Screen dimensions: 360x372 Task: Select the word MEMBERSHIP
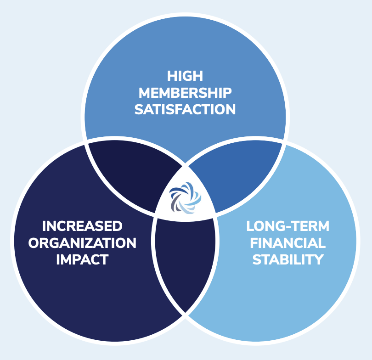[x=185, y=93]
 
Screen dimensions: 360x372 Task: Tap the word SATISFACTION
[x=185, y=110]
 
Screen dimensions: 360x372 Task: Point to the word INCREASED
[x=82, y=226]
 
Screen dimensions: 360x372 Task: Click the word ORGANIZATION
[x=82, y=242]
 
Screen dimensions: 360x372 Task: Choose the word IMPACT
[x=82, y=259]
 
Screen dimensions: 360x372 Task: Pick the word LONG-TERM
[x=288, y=226]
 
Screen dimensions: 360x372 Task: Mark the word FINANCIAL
[x=288, y=242]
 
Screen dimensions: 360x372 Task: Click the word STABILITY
[x=288, y=259]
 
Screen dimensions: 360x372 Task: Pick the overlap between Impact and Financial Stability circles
[x=185, y=262]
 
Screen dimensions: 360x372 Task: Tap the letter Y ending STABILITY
[x=318, y=259]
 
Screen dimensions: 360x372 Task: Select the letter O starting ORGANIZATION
[x=34, y=242]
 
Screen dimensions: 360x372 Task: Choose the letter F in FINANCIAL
[x=255, y=242]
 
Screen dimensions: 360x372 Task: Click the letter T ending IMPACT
[x=104, y=259]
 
